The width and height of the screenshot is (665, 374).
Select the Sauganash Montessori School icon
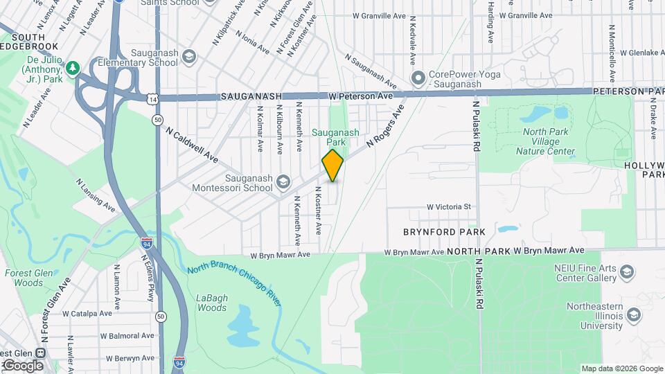pyautogui.click(x=283, y=182)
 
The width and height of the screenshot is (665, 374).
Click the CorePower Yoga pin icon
pyautogui.click(x=418, y=78)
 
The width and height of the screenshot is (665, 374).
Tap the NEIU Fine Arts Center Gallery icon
pyautogui.click(x=626, y=272)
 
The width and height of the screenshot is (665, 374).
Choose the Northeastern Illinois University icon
pyautogui.click(x=633, y=316)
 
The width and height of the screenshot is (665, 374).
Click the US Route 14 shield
pyautogui.click(x=152, y=99)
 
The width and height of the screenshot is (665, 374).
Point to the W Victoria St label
pyautogui.click(x=448, y=206)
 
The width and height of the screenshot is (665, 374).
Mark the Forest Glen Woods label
pyautogui.click(x=24, y=278)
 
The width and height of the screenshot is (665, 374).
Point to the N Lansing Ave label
pyautogui.click(x=96, y=195)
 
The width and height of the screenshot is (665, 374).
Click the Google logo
pyautogui.click(x=23, y=365)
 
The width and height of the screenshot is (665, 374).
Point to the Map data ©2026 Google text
pyautogui.click(x=622, y=368)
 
